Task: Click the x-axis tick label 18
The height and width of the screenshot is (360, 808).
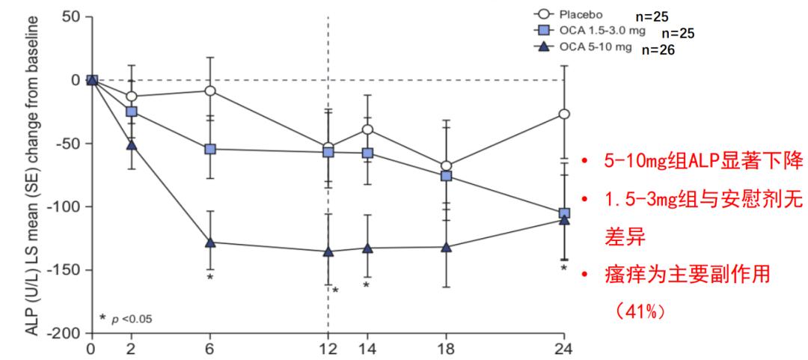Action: pyautogui.click(x=447, y=348)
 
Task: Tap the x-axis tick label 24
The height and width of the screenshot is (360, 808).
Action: pyautogui.click(x=565, y=348)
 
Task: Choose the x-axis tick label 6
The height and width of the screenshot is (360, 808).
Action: pyautogui.click(x=210, y=348)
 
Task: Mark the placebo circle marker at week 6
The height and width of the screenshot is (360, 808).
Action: pyautogui.click(x=210, y=91)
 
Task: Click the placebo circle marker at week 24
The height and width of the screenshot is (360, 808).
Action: pyautogui.click(x=565, y=114)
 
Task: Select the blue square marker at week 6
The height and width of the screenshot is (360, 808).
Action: pyautogui.click(x=210, y=149)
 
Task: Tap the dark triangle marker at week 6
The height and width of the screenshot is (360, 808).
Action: pyautogui.click(x=210, y=242)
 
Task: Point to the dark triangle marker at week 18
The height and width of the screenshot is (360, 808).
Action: pyautogui.click(x=447, y=247)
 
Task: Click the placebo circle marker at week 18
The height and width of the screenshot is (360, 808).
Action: pyautogui.click(x=447, y=166)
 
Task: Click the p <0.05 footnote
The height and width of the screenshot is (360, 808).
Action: pyautogui.click(x=127, y=320)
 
